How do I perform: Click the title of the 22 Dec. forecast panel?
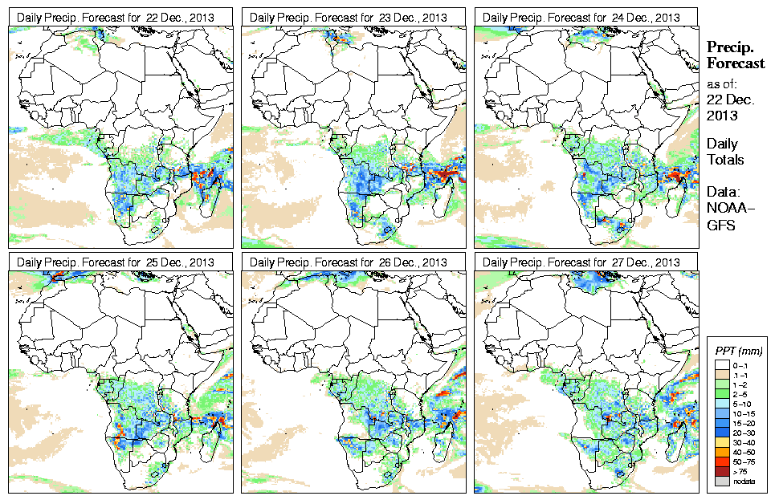pos(116,18)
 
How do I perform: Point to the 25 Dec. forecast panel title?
pos(116,262)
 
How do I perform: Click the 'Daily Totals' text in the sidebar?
pos(725,152)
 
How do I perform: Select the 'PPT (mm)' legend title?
pos(739,352)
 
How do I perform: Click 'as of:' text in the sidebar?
pos(721,83)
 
